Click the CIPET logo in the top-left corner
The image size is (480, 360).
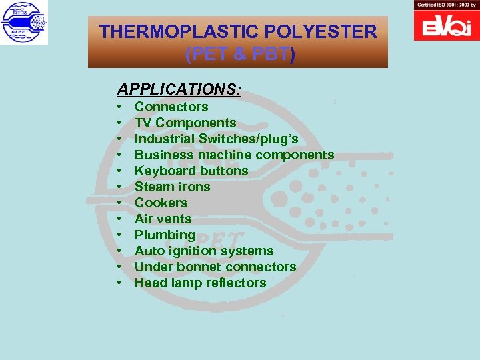point(24,23)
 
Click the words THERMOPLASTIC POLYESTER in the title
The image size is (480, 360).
point(238,31)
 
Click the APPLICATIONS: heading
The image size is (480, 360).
point(179,89)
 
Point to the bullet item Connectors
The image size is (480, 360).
point(171,107)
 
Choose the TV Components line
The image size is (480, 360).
point(185,123)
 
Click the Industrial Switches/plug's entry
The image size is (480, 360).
point(216,139)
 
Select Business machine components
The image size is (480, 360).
point(234,155)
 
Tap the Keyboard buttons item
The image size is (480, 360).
point(191,171)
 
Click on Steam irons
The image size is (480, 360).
point(172,187)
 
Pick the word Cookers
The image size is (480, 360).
point(161,203)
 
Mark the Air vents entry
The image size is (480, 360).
point(163,219)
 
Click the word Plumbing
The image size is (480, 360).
point(165,235)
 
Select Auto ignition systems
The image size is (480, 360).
point(204,251)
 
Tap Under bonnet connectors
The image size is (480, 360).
point(215,267)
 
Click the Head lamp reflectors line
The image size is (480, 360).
point(200,283)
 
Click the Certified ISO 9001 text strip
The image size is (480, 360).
point(446,5)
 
